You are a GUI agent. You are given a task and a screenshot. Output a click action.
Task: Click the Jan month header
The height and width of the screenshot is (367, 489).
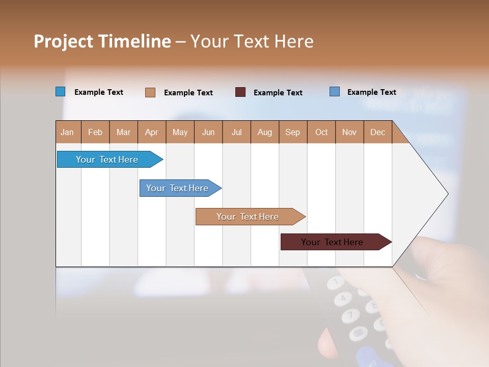pos(68,132)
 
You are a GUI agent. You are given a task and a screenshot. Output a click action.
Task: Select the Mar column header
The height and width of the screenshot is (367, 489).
pos(123,132)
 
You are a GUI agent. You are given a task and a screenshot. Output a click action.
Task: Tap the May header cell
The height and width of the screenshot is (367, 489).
pos(180,132)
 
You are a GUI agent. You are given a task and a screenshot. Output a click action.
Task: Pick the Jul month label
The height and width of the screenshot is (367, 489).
pos(236,132)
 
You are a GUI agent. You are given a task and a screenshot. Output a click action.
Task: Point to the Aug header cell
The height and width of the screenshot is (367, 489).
pos(264,132)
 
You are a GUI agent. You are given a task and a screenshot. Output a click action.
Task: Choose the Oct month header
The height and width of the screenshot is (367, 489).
pos(321,132)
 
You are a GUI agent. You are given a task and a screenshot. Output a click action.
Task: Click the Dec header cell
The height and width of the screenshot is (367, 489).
pos(377,132)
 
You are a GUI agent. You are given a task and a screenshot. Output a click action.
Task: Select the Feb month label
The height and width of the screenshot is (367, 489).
pos(95,132)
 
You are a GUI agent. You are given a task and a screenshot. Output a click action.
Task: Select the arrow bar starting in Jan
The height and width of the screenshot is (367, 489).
pos(107,160)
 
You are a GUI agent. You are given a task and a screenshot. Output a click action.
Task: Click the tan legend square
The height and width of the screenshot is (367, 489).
pos(150,92)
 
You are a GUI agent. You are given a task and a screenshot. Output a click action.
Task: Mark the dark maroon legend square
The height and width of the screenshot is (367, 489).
pos(240,92)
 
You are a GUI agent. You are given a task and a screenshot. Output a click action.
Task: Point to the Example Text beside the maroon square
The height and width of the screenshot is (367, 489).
pos(278,93)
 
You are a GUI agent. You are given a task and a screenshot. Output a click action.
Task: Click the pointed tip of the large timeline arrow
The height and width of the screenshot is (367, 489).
pos(447,194)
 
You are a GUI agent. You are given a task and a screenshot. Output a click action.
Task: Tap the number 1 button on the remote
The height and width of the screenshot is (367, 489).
pos(336,281)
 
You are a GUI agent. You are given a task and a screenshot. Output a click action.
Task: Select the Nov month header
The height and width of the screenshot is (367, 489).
pos(349,132)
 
